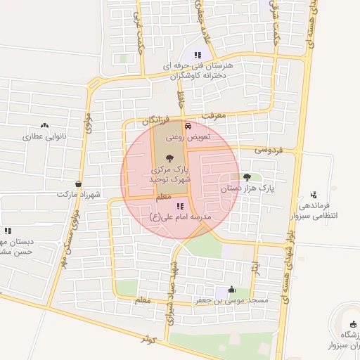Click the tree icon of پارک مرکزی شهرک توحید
(169, 158)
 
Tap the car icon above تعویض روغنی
(188, 126)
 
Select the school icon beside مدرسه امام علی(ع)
(181, 206)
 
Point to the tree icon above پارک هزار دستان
(246, 177)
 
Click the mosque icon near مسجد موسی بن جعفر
(231, 290)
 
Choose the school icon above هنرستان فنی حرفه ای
(198, 54)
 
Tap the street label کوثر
(146, 338)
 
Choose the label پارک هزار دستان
(246, 188)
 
